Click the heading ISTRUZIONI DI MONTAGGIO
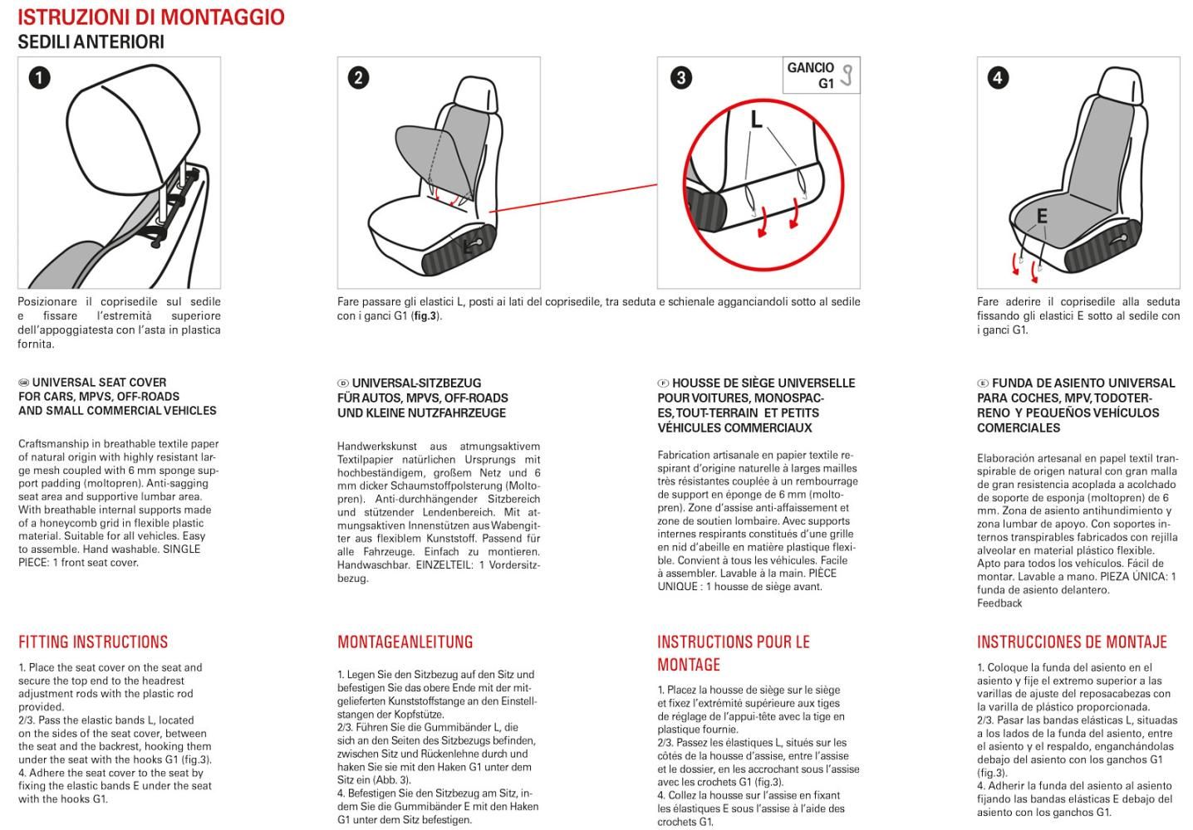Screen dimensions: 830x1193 coord(150,17)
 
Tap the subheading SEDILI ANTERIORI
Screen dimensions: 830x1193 coord(91,42)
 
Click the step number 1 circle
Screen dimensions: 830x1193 coord(39,78)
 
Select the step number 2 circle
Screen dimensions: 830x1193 coord(358,78)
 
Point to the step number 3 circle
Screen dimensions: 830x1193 coord(680,78)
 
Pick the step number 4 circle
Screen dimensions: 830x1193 coord(998,78)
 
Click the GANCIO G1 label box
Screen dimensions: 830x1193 coord(821,76)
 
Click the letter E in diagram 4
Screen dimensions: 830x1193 coord(1041,217)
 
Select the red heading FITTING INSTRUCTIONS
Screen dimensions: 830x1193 coord(93,642)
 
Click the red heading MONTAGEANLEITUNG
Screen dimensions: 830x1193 coord(405,642)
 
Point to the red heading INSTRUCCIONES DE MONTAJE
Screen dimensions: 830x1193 coord(1072,642)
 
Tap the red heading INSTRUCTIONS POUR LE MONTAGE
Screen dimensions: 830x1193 coord(733,652)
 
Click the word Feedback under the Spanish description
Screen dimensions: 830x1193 coord(999,603)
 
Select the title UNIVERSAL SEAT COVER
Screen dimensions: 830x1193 coord(99,383)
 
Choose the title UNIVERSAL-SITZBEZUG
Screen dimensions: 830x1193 coord(416,383)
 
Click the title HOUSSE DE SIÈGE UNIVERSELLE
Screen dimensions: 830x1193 coord(763,383)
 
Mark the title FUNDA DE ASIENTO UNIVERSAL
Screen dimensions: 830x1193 coord(1083,383)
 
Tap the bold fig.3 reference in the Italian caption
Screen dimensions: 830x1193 coord(425,316)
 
